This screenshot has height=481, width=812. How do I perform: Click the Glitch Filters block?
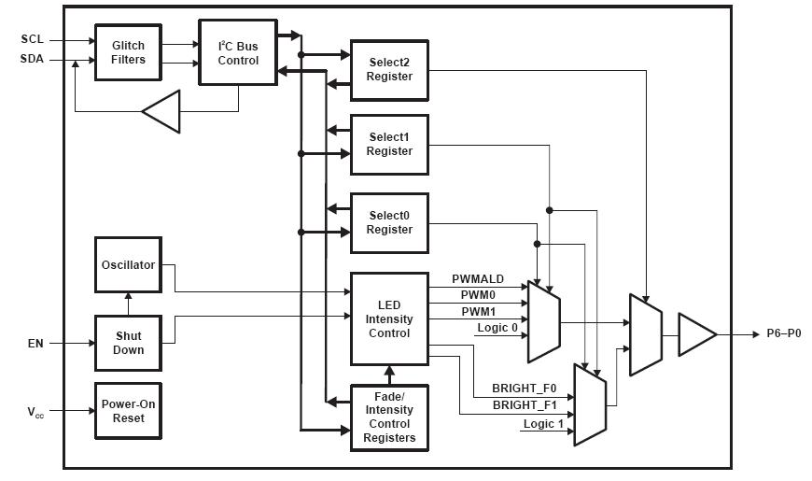[x=128, y=52]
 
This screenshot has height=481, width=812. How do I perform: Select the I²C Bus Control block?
[x=238, y=52]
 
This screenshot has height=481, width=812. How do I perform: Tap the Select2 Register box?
[x=389, y=70]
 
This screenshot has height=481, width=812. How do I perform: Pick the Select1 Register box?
[x=389, y=145]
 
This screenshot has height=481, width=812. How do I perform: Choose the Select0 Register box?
[x=389, y=222]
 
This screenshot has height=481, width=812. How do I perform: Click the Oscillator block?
[x=128, y=265]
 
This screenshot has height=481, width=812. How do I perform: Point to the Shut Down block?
[x=128, y=343]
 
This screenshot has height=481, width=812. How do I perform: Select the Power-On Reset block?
[x=128, y=411]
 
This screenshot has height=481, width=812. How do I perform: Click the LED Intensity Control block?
[x=389, y=318]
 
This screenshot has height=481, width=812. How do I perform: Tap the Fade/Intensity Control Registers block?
[x=389, y=417]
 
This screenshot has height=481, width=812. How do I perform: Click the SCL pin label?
[x=31, y=40]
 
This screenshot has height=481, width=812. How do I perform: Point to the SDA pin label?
[x=31, y=61]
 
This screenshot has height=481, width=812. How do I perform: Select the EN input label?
[x=35, y=344]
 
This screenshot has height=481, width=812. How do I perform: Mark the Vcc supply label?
[x=34, y=412]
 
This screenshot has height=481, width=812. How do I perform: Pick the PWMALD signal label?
[x=478, y=279]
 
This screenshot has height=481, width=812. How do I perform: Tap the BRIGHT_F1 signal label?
[x=524, y=405]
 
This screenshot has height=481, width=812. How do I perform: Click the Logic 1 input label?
[x=543, y=425]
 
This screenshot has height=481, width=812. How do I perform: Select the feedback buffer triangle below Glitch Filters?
[x=160, y=112]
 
